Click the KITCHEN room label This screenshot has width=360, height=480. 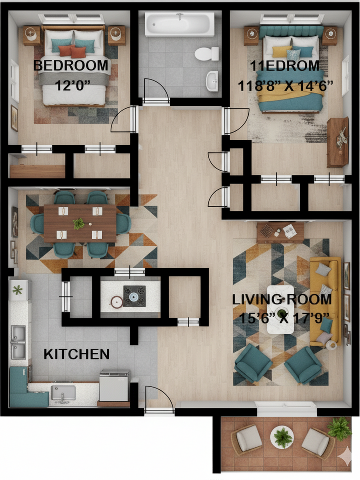77,354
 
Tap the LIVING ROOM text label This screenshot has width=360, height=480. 282,300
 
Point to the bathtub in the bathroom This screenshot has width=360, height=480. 179,24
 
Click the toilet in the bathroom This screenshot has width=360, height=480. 207,53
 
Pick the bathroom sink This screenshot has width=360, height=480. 212,79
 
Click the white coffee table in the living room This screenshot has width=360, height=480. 280,310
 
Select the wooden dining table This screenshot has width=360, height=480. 80,223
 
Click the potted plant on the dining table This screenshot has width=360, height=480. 79,223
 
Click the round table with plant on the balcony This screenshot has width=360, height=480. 283,437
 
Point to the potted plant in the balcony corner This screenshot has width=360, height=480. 339,428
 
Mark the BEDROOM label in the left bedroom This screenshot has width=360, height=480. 71,65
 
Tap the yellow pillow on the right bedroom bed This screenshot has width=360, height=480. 281,51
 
